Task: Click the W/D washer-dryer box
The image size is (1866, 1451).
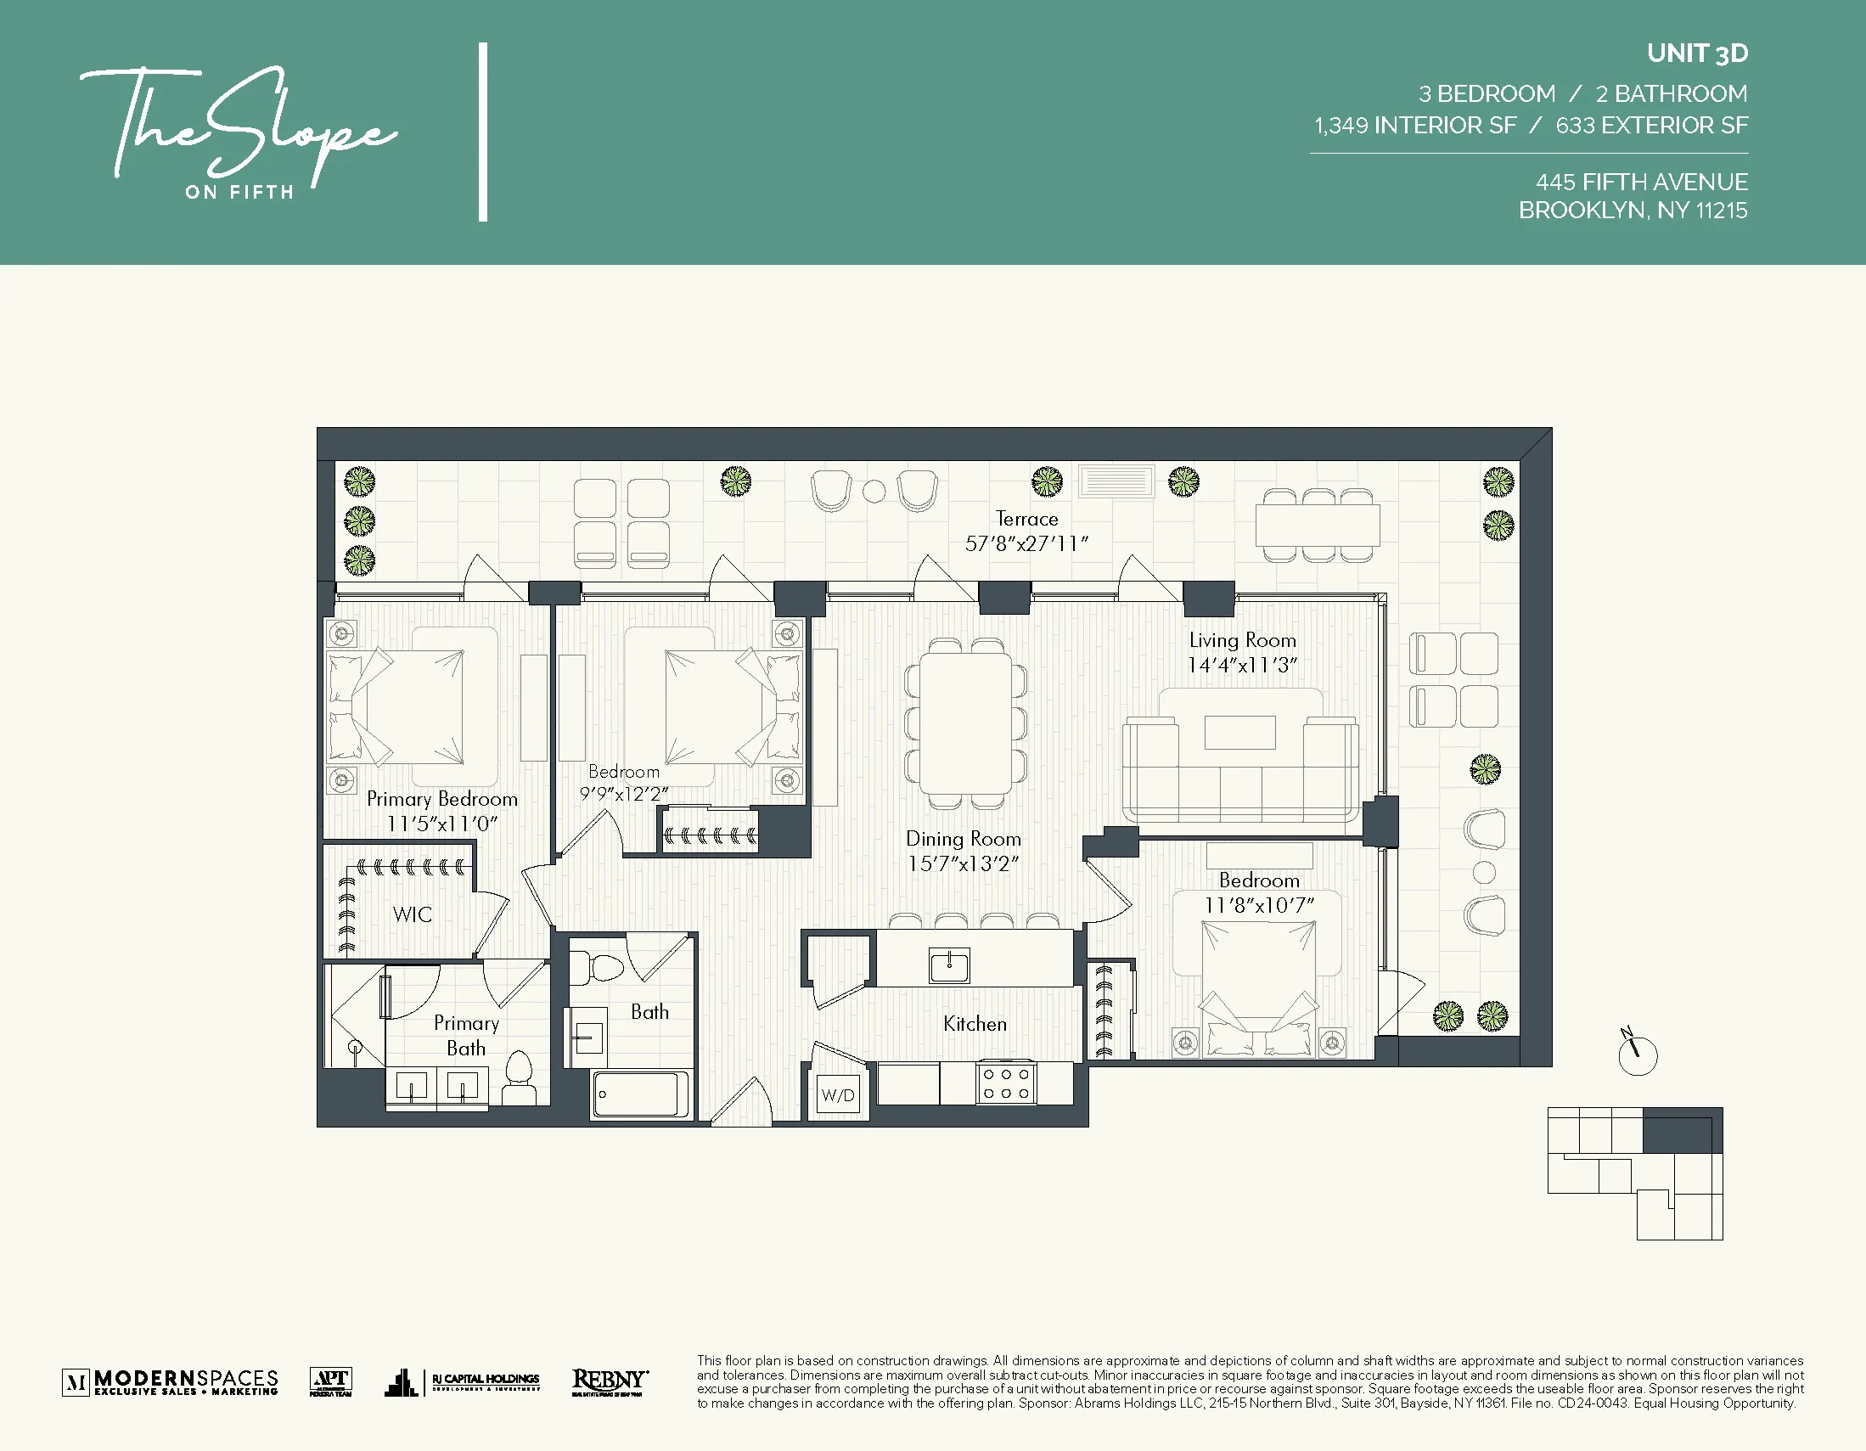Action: tap(837, 1095)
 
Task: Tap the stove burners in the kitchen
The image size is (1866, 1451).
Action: tap(1005, 1083)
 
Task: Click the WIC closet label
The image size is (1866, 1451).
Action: tap(413, 914)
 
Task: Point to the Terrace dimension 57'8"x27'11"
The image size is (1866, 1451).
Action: tap(1026, 543)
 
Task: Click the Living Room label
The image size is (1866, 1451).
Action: tap(1242, 640)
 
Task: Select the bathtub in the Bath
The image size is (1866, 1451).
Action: tap(641, 1094)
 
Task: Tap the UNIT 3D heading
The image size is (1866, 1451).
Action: tap(1697, 53)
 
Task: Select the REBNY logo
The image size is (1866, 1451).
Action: tap(610, 1381)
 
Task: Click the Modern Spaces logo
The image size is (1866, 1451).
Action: tap(171, 1381)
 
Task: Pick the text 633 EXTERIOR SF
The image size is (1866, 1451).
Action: tap(1650, 126)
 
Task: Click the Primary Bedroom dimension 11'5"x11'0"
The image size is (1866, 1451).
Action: tap(441, 824)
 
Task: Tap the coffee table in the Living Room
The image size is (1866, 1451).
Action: tap(1239, 733)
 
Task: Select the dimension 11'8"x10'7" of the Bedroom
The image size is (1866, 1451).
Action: tap(1258, 905)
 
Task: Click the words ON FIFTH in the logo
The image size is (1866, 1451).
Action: tap(239, 192)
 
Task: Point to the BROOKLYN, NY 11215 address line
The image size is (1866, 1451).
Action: tap(1632, 211)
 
